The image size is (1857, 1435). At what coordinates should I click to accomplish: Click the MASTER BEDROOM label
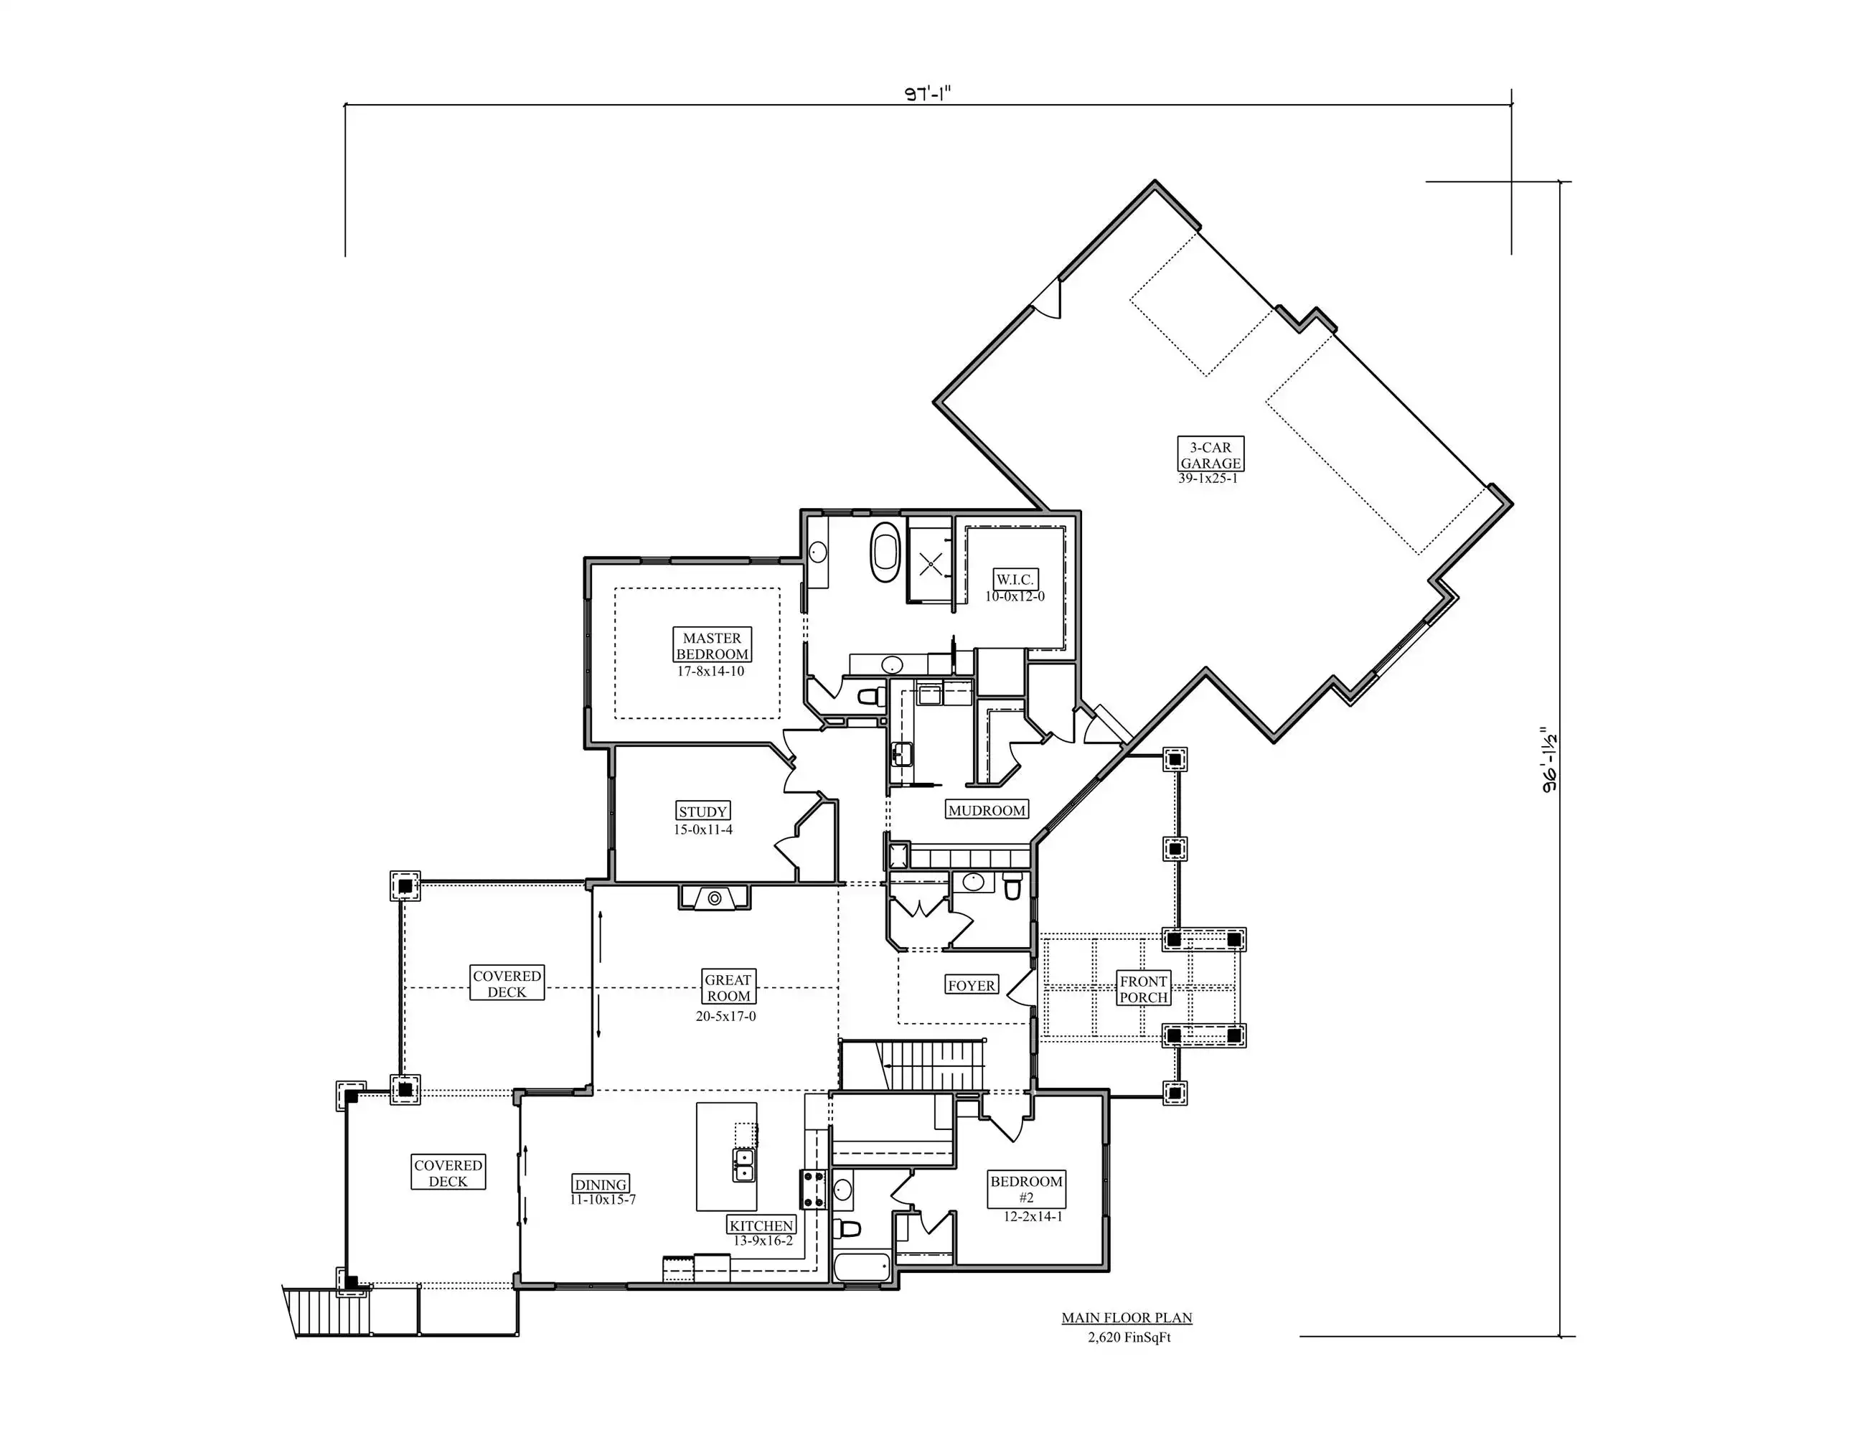tap(713, 646)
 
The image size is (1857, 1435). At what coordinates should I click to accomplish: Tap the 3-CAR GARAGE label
tap(1210, 455)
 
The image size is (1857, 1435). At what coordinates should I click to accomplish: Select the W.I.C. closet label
tap(1015, 580)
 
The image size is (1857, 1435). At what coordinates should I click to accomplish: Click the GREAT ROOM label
tap(728, 988)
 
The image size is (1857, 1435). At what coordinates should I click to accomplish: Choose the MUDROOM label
tap(987, 810)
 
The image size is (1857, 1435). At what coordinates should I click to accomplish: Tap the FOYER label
tap(972, 985)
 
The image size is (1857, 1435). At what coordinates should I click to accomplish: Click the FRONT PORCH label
tap(1144, 989)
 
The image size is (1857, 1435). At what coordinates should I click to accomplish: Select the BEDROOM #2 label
tap(1027, 1190)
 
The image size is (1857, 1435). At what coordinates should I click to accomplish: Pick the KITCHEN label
tap(762, 1225)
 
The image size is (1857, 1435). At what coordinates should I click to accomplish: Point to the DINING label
tap(601, 1184)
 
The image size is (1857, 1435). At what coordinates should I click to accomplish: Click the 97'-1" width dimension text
tap(927, 93)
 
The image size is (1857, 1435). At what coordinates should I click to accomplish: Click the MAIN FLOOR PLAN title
tap(1127, 1317)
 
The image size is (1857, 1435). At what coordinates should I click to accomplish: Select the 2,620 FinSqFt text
tap(1129, 1337)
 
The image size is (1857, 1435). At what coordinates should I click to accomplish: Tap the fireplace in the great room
tap(714, 898)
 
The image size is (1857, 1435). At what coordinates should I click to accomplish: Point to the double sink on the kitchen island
tap(743, 1165)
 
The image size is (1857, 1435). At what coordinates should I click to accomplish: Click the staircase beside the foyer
tap(912, 1065)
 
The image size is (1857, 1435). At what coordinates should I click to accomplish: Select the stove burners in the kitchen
tap(812, 1190)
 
